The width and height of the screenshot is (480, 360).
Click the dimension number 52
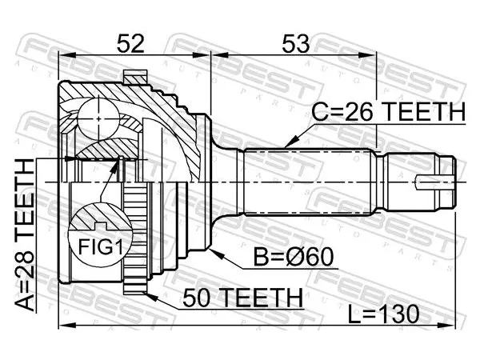pos(130,43)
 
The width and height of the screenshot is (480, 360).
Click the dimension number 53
pos(295,43)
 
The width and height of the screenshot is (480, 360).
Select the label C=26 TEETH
pos(388,111)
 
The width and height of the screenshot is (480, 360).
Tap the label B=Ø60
pos(293,257)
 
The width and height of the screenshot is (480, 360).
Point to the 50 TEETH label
pos(242,298)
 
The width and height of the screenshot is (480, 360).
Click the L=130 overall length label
pos(383,314)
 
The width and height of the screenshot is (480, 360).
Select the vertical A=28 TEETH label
pos(25,234)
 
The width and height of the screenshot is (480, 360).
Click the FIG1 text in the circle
pos(101,246)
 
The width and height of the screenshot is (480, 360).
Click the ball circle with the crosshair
pos(98,118)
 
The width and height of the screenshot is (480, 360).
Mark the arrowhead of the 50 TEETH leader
pos(150,296)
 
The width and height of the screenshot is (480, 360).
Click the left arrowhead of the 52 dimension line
pos(66,55)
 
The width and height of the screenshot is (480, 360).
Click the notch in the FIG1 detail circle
pos(101,226)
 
